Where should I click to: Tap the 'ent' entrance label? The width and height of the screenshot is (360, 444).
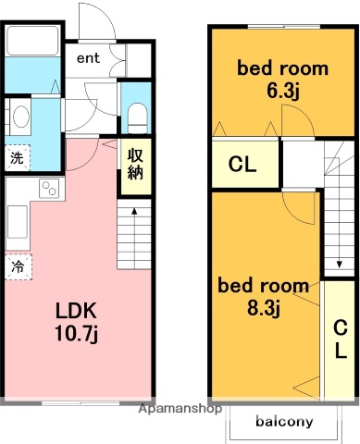(88, 58)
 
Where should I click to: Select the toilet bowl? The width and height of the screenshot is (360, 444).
(136, 115)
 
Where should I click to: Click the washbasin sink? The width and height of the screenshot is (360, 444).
(20, 117)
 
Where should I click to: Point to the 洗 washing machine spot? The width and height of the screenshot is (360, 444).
(17, 157)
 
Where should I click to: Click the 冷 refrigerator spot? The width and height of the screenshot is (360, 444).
(17, 266)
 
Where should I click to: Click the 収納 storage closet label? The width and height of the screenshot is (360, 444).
(134, 166)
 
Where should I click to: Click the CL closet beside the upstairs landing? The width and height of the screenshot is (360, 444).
(242, 166)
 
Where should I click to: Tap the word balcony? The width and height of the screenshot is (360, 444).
(284, 422)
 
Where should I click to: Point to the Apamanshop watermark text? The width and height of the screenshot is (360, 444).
(180, 407)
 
